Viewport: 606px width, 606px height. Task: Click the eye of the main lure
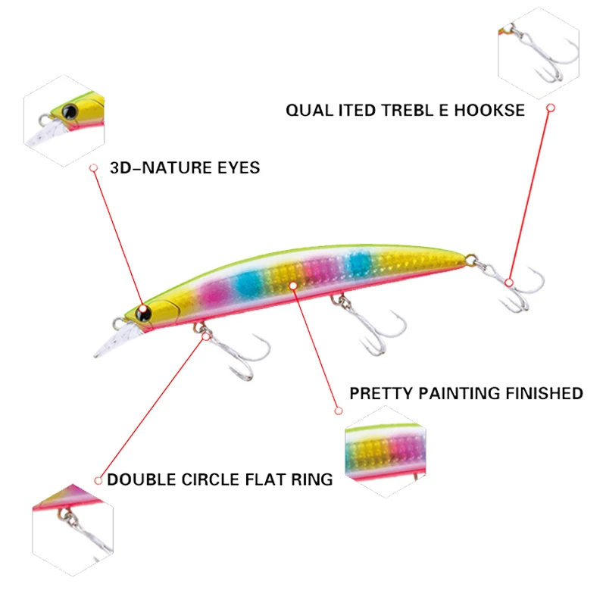coord(144,311)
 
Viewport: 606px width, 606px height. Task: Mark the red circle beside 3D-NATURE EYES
coord(94,167)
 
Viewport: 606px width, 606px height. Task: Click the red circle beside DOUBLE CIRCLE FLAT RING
coord(98,479)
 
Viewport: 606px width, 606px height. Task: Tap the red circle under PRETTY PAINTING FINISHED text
coord(339,411)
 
